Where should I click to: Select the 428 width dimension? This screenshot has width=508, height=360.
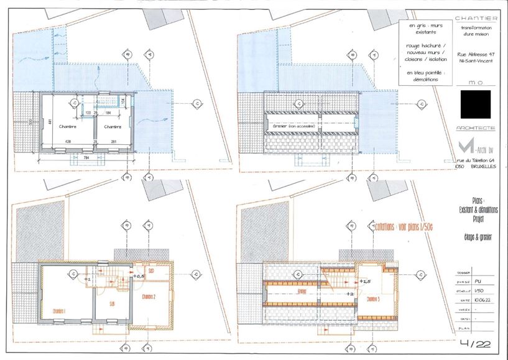[x=67, y=142]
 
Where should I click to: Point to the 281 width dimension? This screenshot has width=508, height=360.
[x=115, y=142]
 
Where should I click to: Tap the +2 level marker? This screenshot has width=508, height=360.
[x=349, y=293]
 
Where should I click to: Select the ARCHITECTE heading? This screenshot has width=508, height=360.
[x=476, y=127]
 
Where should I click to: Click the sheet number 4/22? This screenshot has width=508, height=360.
[x=476, y=342]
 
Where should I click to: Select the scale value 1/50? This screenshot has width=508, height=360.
[x=477, y=290]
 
